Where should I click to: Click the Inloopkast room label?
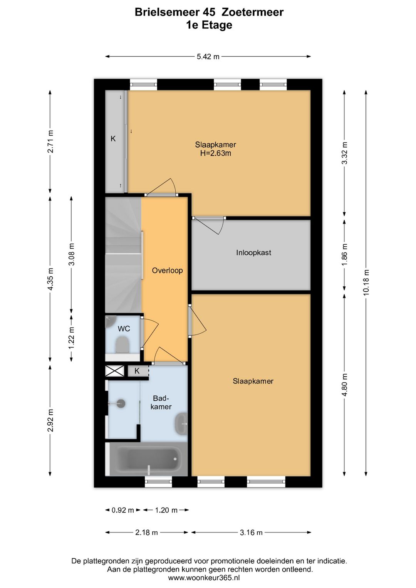pyautogui.click(x=253, y=253)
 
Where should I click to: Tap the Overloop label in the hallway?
pyautogui.click(x=167, y=270)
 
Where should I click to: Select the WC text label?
pyautogui.click(x=124, y=329)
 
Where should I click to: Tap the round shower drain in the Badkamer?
pyautogui.click(x=121, y=403)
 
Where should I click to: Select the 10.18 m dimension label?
pyautogui.click(x=366, y=283)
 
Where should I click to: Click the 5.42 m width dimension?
pyautogui.click(x=208, y=56)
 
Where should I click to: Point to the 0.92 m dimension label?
pyautogui.click(x=123, y=510)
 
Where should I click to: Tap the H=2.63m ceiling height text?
pyautogui.click(x=215, y=153)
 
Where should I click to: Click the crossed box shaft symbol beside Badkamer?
pyautogui.click(x=115, y=371)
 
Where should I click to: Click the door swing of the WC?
pyautogui.click(x=150, y=333)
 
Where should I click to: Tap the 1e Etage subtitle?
pyautogui.click(x=209, y=25)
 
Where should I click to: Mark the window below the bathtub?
pyautogui.click(x=159, y=481)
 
